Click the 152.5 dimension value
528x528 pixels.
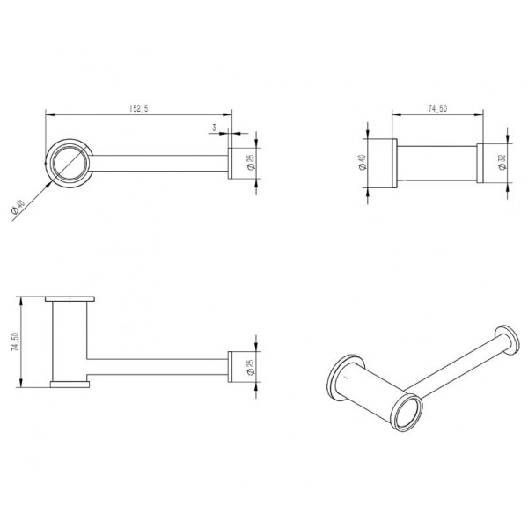tap(139, 108)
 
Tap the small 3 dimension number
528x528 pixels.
tap(214, 128)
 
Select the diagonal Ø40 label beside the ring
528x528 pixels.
tap(18, 207)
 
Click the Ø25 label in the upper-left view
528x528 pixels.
tap(251, 162)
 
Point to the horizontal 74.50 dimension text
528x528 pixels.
tap(437, 108)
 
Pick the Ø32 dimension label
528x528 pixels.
tap(502, 162)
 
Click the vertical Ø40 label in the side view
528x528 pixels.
tap(363, 162)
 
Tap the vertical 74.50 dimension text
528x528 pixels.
tap(15, 342)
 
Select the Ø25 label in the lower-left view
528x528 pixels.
tap(251, 367)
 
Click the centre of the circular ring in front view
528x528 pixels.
tap(70, 163)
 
